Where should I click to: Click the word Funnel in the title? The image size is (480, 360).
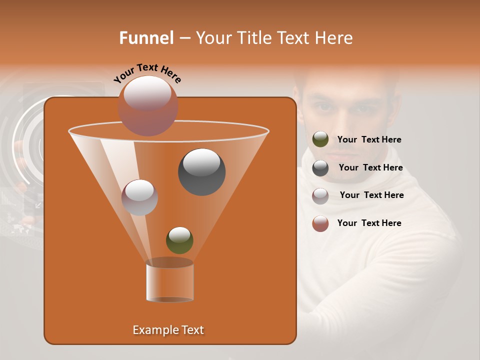[146, 38]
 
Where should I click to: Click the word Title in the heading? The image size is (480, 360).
[252, 38]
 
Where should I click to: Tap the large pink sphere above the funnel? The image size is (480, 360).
[147, 105]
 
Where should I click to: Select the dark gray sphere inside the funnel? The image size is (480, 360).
[201, 171]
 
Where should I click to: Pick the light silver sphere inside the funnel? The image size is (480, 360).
[139, 197]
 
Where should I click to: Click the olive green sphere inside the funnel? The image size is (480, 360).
[179, 240]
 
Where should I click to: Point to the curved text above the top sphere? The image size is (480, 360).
[147, 73]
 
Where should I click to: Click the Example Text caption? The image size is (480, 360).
[168, 330]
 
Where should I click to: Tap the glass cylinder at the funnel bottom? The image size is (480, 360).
[169, 281]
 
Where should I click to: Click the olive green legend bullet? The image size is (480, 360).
[320, 139]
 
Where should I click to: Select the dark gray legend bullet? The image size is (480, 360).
[320, 168]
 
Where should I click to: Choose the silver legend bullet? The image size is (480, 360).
[320, 196]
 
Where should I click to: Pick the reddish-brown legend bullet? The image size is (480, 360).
[320, 223]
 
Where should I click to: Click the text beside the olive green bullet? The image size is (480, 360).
[369, 139]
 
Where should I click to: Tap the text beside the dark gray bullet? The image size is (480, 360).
[370, 167]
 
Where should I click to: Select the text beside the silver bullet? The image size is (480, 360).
[371, 195]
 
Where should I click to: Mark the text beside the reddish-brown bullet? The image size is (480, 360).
[369, 223]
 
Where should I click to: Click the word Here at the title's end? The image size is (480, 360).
[334, 38]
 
